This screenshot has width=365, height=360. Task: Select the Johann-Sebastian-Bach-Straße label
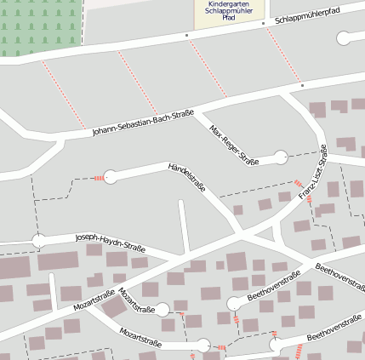point(143,123)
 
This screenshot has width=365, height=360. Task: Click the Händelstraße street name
point(187,177)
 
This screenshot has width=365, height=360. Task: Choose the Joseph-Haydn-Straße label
point(110,243)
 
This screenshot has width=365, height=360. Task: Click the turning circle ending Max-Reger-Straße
point(281,157)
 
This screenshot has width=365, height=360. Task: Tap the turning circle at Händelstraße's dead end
point(110,176)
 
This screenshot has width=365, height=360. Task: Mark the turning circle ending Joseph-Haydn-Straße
point(38,241)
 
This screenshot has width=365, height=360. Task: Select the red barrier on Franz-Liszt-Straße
point(299,184)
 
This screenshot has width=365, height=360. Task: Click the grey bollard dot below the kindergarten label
point(186,36)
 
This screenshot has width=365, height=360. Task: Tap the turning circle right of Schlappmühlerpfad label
point(344,38)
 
